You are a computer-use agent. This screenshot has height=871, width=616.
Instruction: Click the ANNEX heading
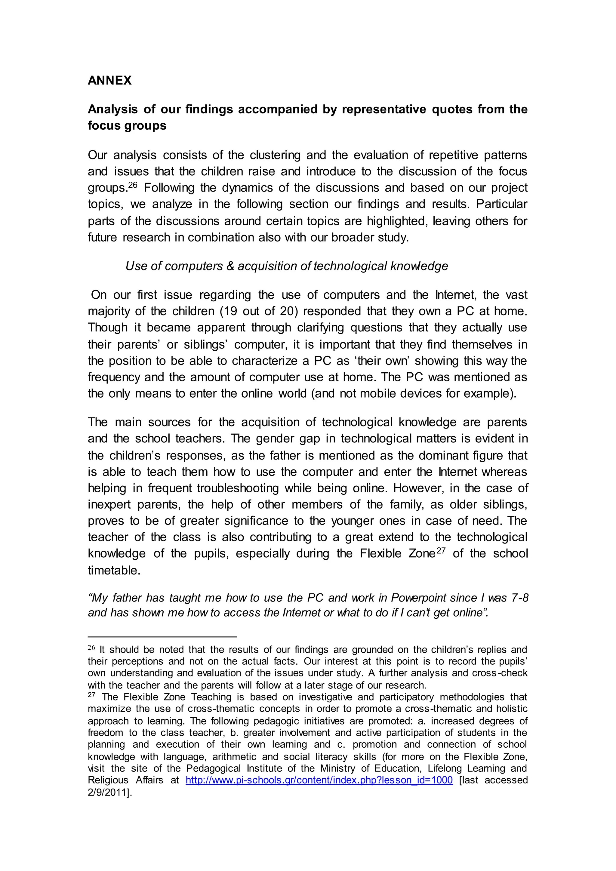click(109, 80)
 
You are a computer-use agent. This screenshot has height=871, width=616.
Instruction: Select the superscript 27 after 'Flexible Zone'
click(440, 550)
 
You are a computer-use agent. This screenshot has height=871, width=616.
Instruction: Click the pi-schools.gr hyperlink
click(319, 780)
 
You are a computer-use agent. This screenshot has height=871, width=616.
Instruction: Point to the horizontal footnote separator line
click(162, 637)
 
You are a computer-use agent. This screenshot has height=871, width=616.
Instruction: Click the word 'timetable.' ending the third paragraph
click(114, 570)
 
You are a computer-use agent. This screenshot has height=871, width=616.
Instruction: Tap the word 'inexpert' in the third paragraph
click(109, 505)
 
